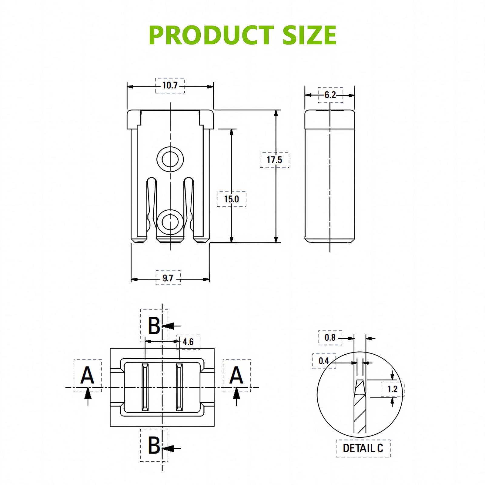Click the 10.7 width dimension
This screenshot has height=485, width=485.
coord(170,85)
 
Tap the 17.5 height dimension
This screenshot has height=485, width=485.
coord(274,160)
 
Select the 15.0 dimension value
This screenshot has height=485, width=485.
coord(232,199)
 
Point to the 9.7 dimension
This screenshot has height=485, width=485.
coord(168,278)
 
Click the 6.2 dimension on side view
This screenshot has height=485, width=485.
coord(330,95)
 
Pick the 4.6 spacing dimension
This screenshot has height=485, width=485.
coord(188,342)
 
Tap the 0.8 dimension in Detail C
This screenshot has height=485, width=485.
coord(330,338)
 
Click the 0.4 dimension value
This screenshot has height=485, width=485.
coord(324,361)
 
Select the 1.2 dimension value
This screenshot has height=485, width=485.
coord(393,389)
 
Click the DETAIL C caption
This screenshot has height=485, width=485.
coord(363,448)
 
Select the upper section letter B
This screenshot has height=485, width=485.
coord(154,326)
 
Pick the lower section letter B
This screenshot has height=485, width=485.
coord(154,445)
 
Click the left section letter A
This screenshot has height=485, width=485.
coord(87,375)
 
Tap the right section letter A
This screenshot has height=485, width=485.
coord(236,375)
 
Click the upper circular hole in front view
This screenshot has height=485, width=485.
coord(170,159)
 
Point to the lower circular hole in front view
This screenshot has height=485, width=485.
coord(170,222)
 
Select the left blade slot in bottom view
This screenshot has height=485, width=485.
coord(145,387)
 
